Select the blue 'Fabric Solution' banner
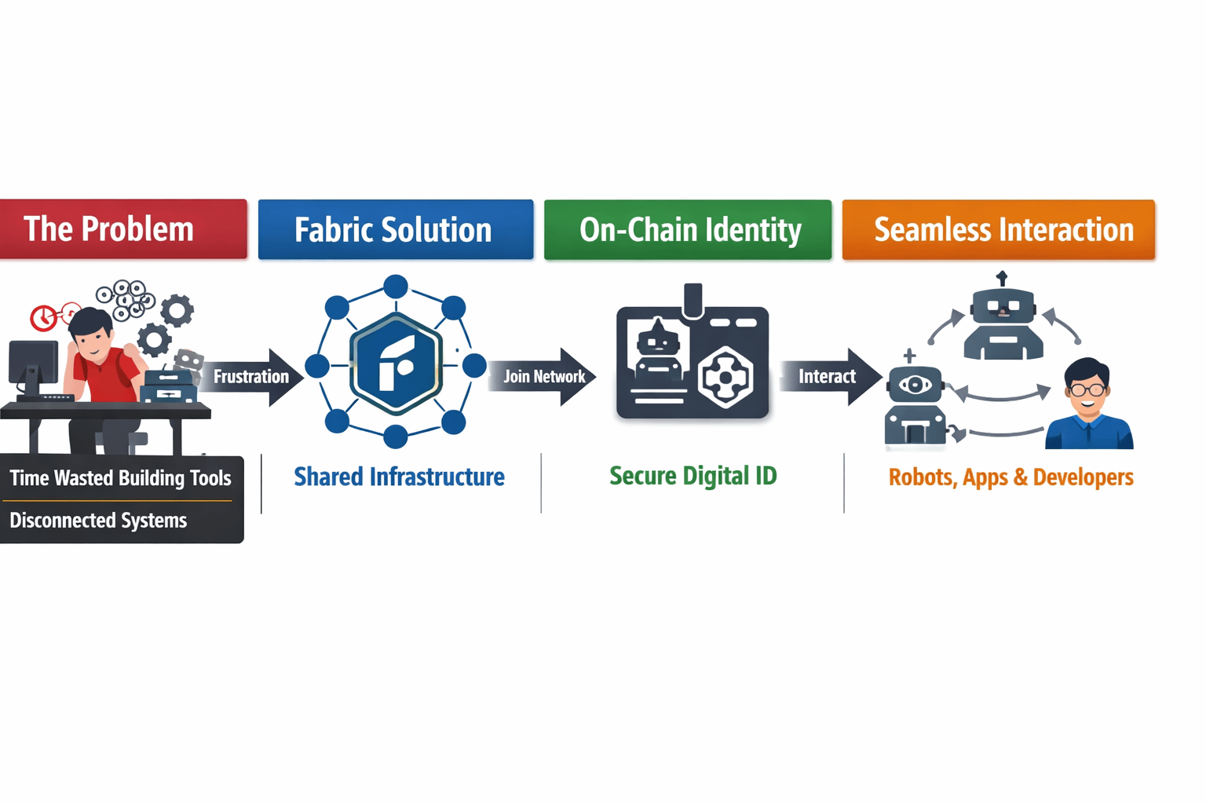click(x=395, y=229)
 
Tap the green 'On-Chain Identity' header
click(x=688, y=229)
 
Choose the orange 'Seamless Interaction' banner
click(x=998, y=229)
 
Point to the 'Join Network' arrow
click(x=543, y=377)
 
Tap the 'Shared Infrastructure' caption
click(x=399, y=477)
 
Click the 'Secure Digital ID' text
click(x=693, y=476)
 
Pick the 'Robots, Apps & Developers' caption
click(x=1010, y=477)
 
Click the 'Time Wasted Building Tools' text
click(x=120, y=478)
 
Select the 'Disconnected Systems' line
click(x=98, y=521)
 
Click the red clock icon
click(x=43, y=317)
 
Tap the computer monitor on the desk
click(x=33, y=365)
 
